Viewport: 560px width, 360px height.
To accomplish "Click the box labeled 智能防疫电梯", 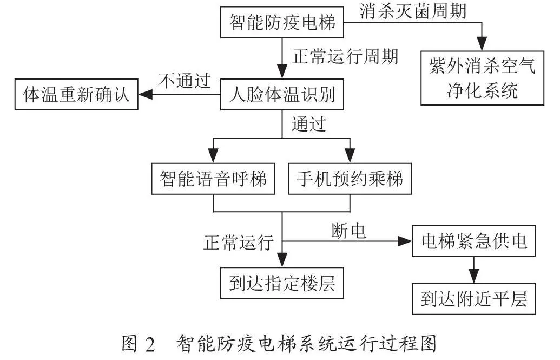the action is [282, 22].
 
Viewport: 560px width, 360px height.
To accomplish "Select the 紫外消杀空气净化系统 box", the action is [482, 78].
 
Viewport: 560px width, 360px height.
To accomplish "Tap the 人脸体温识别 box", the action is [282, 94].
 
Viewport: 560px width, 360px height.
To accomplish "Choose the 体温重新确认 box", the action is [76, 94].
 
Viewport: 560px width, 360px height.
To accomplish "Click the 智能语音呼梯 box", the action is [213, 179].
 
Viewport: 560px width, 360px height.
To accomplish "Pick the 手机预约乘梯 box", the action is [350, 179].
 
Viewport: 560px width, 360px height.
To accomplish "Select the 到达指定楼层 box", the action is [282, 283].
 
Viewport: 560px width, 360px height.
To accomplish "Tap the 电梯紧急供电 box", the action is [473, 241].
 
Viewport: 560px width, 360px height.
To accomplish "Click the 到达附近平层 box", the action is [473, 299].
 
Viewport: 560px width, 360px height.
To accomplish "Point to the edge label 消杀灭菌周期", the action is [413, 11].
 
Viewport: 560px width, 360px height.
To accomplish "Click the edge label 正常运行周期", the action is [345, 56].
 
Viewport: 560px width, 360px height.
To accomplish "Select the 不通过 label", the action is [185, 81].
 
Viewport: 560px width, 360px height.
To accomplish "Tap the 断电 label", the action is [348, 231].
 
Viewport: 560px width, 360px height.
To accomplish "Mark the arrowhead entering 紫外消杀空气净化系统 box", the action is [482, 44].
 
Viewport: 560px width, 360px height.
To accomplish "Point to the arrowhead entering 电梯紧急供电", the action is [405, 241].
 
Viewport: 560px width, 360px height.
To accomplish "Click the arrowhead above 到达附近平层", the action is [473, 276].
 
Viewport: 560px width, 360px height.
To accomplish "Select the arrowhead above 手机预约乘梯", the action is [350, 156].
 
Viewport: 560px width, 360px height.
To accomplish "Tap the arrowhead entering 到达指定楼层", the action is [282, 260].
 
